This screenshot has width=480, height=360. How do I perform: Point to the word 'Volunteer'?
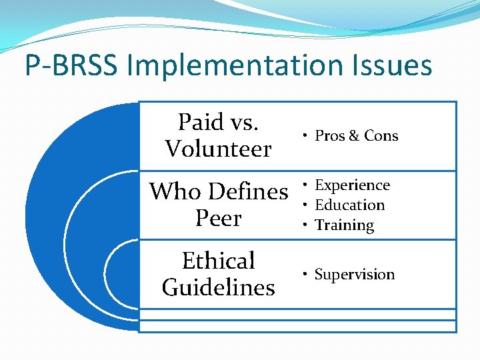(219, 149)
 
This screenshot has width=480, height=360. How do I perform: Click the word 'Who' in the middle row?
(175, 192)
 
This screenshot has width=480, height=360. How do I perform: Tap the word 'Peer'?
(219, 219)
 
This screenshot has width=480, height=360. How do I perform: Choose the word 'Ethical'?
(219, 261)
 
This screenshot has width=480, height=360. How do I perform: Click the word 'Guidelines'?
(219, 287)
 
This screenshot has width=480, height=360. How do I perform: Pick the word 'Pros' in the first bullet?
(329, 136)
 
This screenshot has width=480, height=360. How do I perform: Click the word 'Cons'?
(381, 136)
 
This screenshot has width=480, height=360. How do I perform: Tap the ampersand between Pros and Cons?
(353, 136)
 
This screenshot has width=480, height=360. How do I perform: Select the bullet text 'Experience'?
(352, 185)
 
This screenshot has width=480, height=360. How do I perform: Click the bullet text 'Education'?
(349, 205)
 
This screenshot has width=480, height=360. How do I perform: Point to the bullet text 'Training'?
(344, 225)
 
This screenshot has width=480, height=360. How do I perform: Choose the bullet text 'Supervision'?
(354, 275)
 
